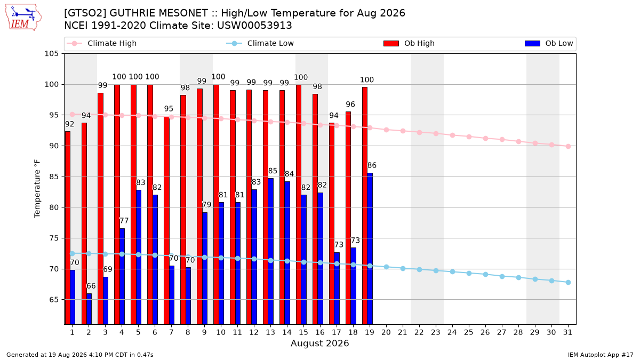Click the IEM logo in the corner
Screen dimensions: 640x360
[x=23, y=18]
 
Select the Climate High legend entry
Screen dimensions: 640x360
[x=101, y=43]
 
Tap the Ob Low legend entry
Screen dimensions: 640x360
[x=549, y=43]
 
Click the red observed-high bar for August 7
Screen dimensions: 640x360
[x=166, y=220]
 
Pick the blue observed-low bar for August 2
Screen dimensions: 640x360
[x=89, y=309]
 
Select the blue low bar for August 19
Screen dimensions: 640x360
[x=370, y=249]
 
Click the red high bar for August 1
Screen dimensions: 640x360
[x=68, y=228]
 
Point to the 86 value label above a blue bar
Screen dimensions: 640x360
[x=372, y=165]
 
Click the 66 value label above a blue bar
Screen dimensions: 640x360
[x=91, y=286]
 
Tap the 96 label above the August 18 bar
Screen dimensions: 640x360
[x=350, y=105]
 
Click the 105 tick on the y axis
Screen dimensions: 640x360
[x=51, y=54]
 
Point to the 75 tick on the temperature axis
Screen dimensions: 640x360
[x=54, y=238]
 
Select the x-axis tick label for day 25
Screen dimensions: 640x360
[x=469, y=332]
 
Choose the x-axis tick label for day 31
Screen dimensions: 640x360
[x=567, y=332]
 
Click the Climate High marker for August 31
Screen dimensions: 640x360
[x=569, y=146]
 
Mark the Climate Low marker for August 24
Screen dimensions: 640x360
[x=453, y=271]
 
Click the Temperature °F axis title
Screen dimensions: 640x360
[x=37, y=189]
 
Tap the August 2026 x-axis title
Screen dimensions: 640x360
[x=320, y=343]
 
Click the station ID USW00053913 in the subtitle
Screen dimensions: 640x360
[x=254, y=26]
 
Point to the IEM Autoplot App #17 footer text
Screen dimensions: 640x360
[x=601, y=355]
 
